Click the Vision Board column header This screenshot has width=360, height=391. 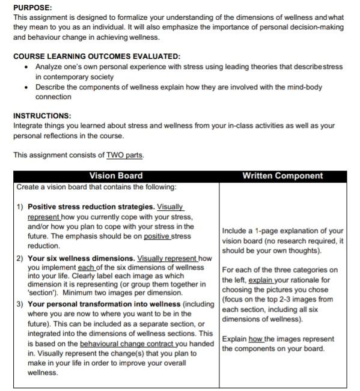click(x=116, y=175)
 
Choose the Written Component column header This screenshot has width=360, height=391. click(x=282, y=175)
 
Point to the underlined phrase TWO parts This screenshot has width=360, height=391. click(x=124, y=155)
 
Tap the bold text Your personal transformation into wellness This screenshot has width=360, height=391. click(x=104, y=304)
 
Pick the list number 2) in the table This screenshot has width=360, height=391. click(x=20, y=258)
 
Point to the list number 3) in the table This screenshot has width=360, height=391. click(x=20, y=304)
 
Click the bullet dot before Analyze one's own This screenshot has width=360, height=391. click(x=26, y=67)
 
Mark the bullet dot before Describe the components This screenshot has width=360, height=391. click(x=26, y=87)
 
